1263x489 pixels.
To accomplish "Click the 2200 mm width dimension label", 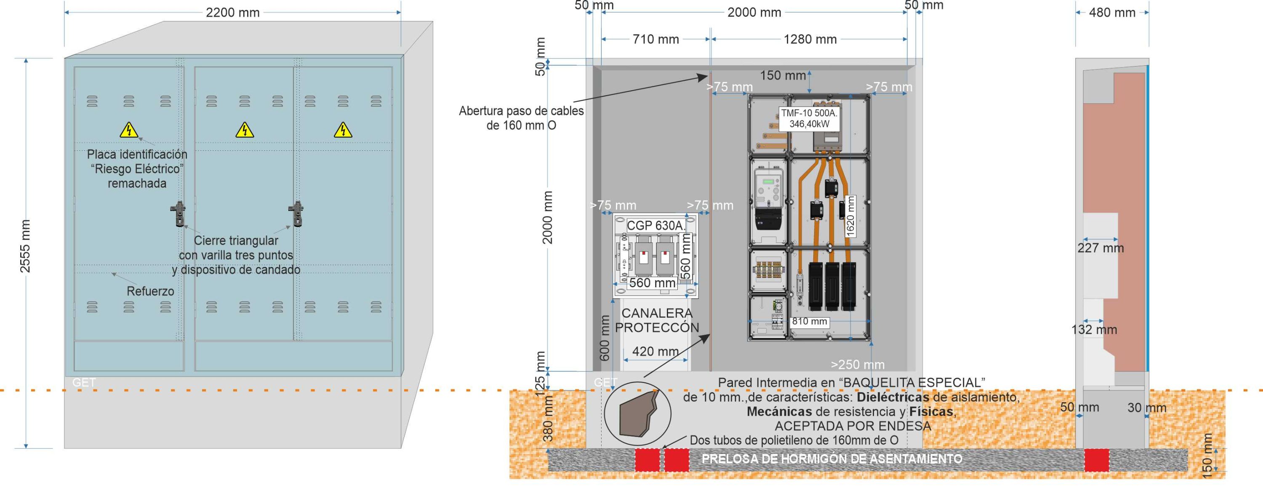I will [232, 12].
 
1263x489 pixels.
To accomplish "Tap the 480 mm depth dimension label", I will [1112, 13].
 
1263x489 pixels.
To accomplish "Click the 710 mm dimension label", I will [655, 39].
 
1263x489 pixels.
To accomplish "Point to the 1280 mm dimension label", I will [810, 39].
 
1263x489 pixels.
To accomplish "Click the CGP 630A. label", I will [655, 226].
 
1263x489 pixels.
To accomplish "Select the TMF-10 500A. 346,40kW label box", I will [809, 119].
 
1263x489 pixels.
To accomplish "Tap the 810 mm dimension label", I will [809, 321].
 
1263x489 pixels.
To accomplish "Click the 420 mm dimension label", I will [655, 351].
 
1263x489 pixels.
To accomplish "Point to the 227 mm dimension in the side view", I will [1100, 248].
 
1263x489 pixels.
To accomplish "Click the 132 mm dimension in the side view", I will [1094, 330].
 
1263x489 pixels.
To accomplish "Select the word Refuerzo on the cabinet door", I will [150, 291].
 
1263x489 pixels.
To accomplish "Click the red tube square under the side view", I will [1096, 460].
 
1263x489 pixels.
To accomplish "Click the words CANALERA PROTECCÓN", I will [657, 320].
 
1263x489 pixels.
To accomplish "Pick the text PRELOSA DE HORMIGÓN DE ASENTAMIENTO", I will [832, 459].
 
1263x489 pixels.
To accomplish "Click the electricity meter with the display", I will [768, 201].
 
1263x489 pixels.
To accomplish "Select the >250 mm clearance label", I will [858, 365].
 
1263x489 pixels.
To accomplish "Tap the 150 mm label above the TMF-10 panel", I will [783, 75].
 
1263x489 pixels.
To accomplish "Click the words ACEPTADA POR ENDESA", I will [853, 426].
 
